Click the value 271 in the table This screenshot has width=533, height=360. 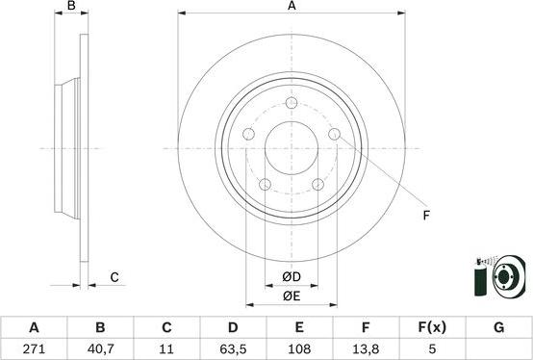(x=34, y=350)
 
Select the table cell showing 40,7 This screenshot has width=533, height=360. (x=99, y=350)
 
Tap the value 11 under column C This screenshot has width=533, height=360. (x=165, y=350)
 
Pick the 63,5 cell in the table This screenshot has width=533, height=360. (x=232, y=350)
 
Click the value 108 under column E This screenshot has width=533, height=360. (x=298, y=350)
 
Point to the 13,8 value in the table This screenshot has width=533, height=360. (x=366, y=350)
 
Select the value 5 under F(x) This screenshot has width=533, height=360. (x=432, y=350)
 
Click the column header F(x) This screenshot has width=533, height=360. (x=432, y=327)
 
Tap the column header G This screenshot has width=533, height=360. (x=498, y=327)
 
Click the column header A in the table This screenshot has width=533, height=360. (x=34, y=327)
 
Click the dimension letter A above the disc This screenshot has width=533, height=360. (x=292, y=7)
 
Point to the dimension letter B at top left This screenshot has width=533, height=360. (x=70, y=7)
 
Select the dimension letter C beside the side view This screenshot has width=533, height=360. (x=114, y=278)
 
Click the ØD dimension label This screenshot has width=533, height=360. (x=292, y=278)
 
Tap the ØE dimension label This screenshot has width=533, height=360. (x=292, y=296)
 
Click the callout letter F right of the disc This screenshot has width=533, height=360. (x=425, y=216)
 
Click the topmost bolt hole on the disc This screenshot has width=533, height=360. (x=291, y=104)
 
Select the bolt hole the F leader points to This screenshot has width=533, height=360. (x=334, y=135)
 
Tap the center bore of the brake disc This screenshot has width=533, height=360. (x=291, y=149)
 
